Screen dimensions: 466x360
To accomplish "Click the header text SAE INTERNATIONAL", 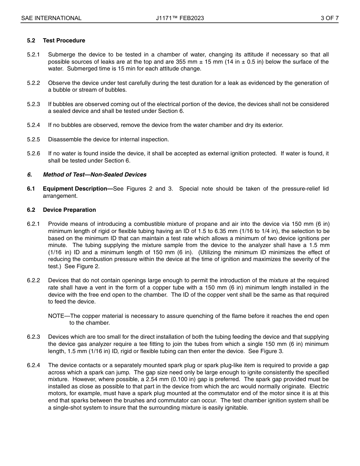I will click(x=51, y=18).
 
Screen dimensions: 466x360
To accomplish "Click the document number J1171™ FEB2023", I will click(x=180, y=18).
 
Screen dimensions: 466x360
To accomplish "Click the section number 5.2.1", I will click(x=33, y=55).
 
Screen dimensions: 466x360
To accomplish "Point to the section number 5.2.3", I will click(x=33, y=104).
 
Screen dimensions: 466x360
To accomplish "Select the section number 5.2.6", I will click(x=33, y=153).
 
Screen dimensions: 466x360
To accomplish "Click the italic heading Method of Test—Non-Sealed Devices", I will click(x=94, y=175).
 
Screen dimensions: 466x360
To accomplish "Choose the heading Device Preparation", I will click(x=69, y=210).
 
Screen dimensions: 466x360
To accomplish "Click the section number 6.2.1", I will click(x=33, y=224).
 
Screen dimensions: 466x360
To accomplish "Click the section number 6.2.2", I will click(x=33, y=280).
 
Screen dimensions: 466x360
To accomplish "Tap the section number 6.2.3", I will click(x=33, y=337).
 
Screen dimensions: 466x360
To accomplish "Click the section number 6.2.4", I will click(x=33, y=365).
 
